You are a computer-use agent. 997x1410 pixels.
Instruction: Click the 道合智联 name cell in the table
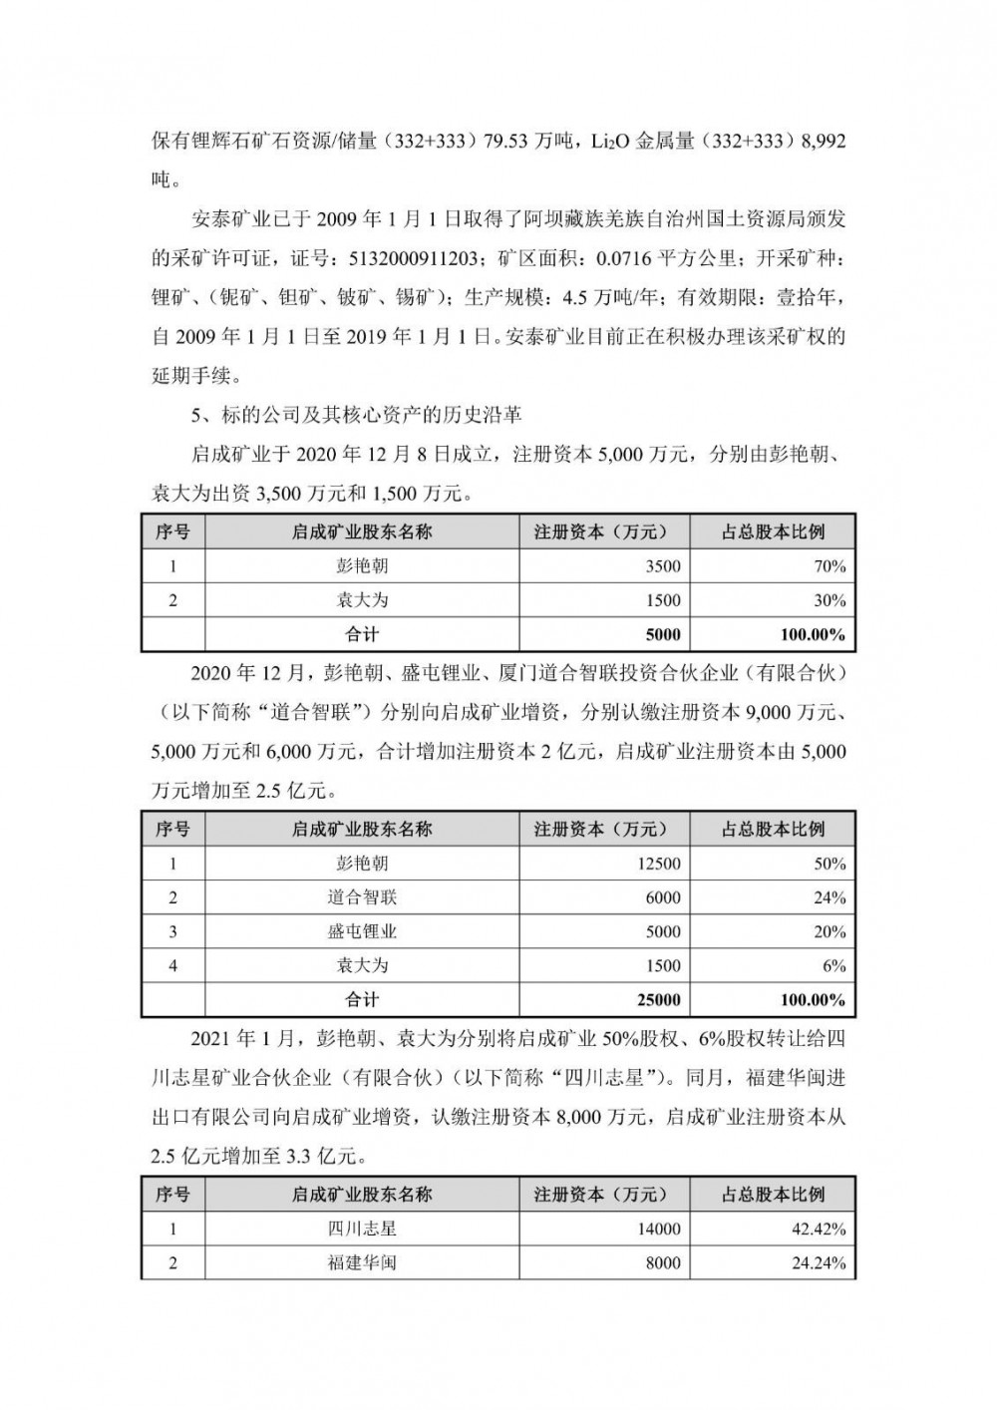[362, 897]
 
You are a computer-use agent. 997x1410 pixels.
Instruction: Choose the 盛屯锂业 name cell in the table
[362, 931]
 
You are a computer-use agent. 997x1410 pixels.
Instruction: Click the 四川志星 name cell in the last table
[362, 1229]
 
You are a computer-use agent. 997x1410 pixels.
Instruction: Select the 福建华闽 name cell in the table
[362, 1262]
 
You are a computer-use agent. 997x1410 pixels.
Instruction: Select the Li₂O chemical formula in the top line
[598, 143]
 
